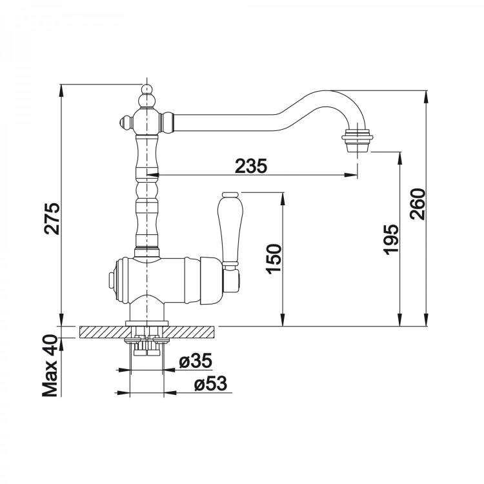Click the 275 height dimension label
(x=52, y=218)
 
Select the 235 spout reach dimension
(x=250, y=166)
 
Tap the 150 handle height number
(x=274, y=259)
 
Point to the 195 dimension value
(x=391, y=239)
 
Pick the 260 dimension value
(x=418, y=204)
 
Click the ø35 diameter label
(x=196, y=360)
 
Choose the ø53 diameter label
(x=210, y=383)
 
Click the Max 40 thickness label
(x=50, y=366)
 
